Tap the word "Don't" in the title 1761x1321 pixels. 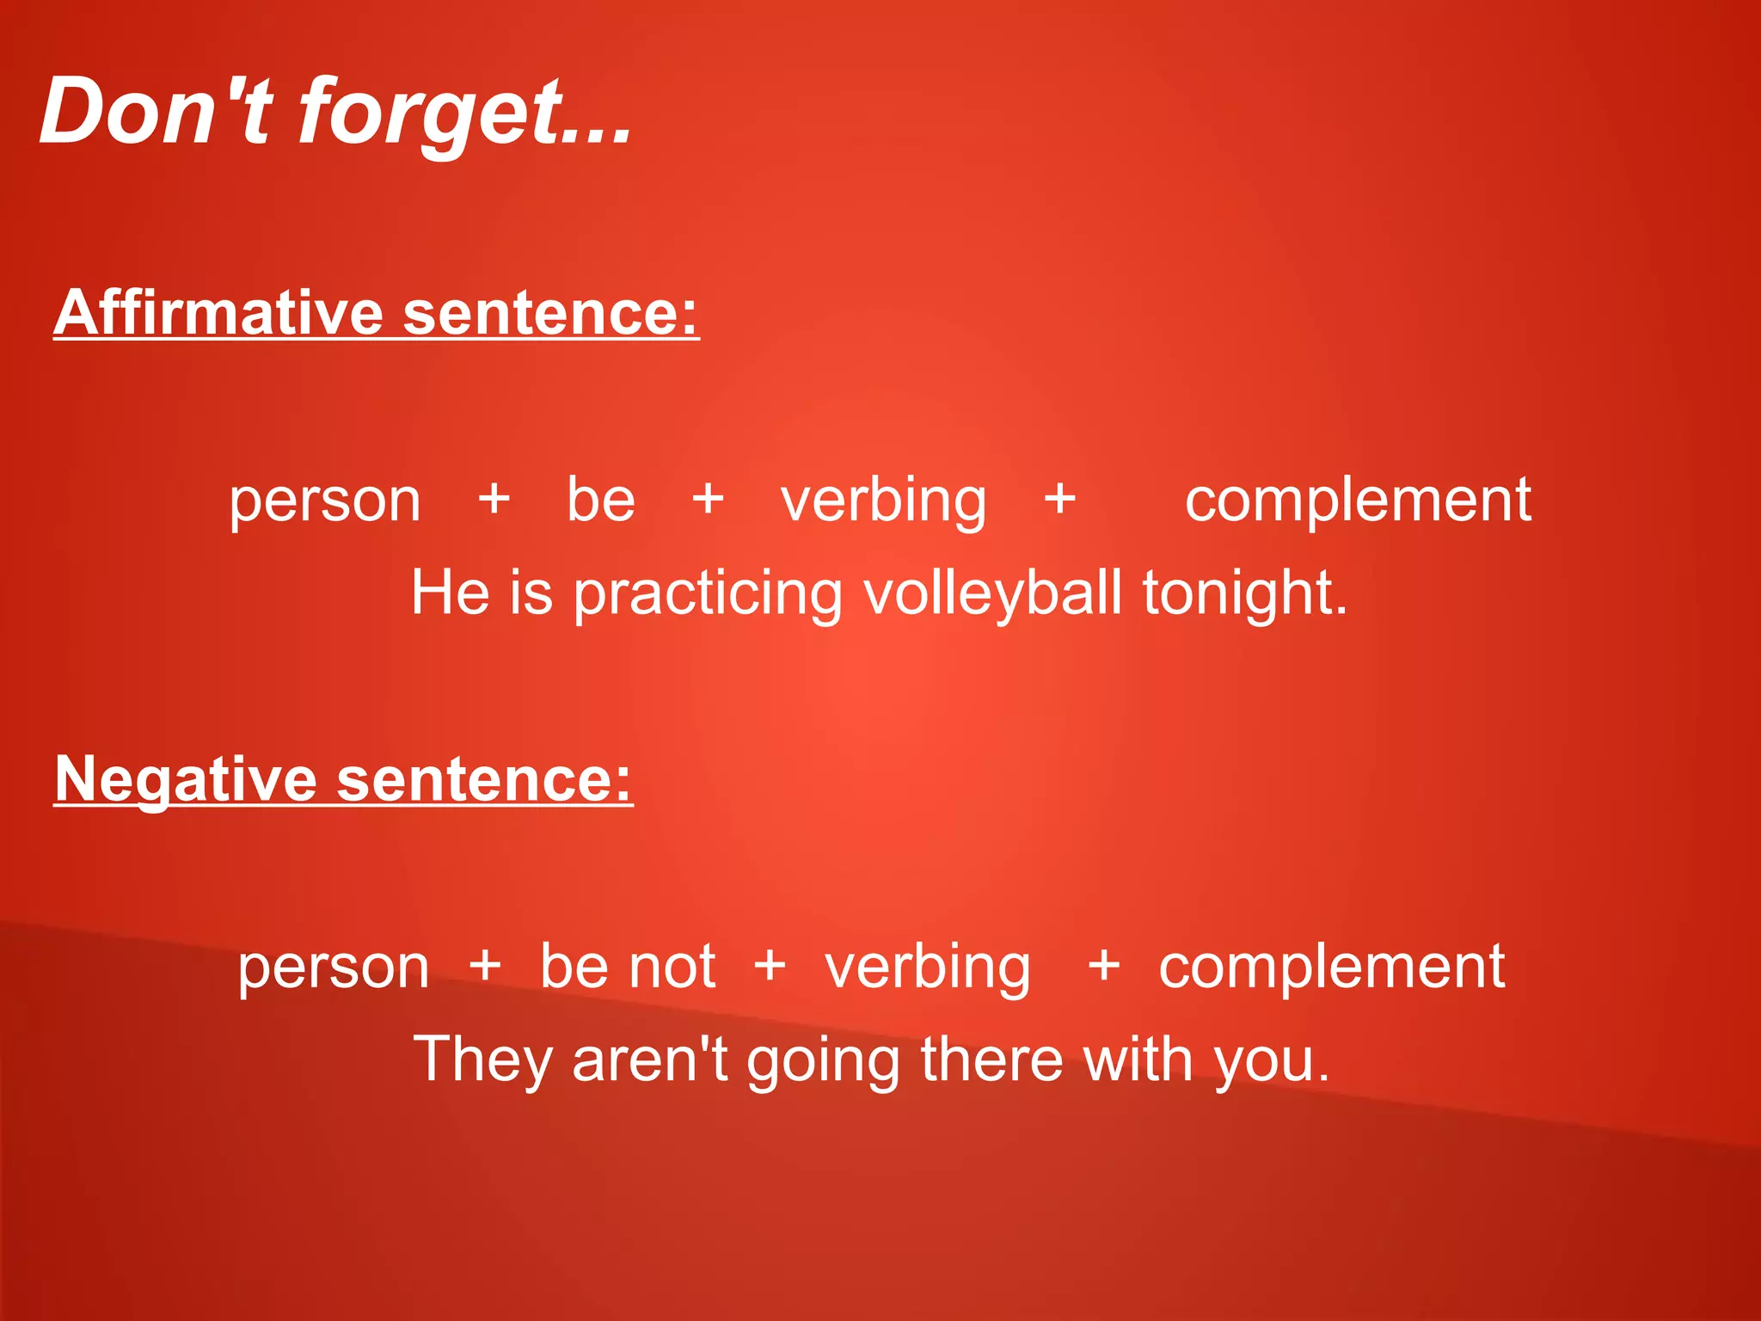click(156, 112)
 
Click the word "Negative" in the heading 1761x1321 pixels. click(186, 780)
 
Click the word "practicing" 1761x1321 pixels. click(708, 595)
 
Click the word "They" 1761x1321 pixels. click(482, 1061)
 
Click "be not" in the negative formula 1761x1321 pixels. click(628, 967)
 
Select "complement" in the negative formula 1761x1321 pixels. click(1331, 967)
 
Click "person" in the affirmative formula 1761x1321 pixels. click(325, 502)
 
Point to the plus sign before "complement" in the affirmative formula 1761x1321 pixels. click(1060, 499)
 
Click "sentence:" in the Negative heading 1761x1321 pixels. click(484, 780)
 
